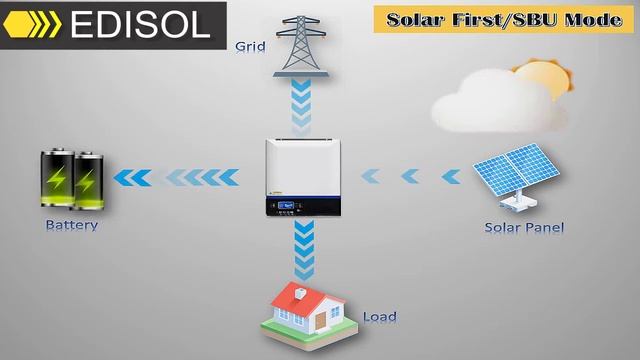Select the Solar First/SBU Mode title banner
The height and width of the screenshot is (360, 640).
coord(503,19)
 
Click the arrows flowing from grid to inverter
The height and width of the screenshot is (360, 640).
coord(302,108)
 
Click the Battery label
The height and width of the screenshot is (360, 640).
coord(71,225)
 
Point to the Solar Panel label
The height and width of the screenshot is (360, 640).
coord(524,227)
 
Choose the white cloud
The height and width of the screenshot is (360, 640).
coord(485,99)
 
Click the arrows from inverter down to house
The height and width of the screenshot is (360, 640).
coord(302,251)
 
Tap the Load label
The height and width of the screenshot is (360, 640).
coord(379,317)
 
